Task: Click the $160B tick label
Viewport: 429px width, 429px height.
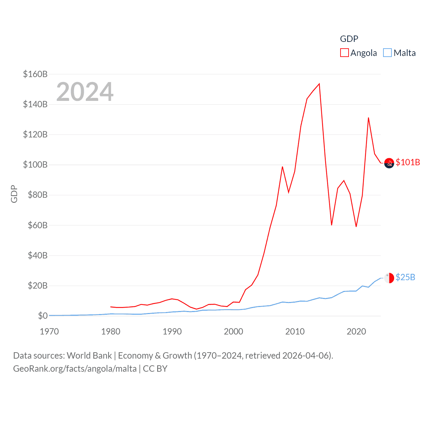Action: pos(35,74)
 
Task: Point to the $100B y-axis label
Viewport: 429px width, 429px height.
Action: pos(35,165)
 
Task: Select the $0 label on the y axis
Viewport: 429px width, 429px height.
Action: pos(43,316)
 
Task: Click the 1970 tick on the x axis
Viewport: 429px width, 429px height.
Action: pos(49,331)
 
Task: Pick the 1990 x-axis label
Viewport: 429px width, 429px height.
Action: pos(172,331)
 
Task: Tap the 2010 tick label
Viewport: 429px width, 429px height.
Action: pos(295,331)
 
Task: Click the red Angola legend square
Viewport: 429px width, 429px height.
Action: pos(344,53)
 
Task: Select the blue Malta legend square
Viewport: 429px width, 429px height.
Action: pos(387,53)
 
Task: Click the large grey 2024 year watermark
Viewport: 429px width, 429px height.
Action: pos(85,92)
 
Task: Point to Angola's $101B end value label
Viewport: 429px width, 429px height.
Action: pos(408,162)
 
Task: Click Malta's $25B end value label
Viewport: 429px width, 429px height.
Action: pos(405,277)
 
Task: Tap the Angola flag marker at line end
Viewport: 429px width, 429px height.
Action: pos(389,163)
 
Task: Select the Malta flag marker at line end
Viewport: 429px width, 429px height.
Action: pos(389,278)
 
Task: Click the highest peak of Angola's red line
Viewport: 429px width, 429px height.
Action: pos(319,84)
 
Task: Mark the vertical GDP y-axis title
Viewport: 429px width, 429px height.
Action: pos(14,194)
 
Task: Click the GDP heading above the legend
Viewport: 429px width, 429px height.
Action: pos(349,39)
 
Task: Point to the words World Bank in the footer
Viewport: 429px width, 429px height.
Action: pos(89,355)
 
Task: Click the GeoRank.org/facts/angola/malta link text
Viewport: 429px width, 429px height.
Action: pos(75,369)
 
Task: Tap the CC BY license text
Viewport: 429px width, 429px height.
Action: pos(155,369)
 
